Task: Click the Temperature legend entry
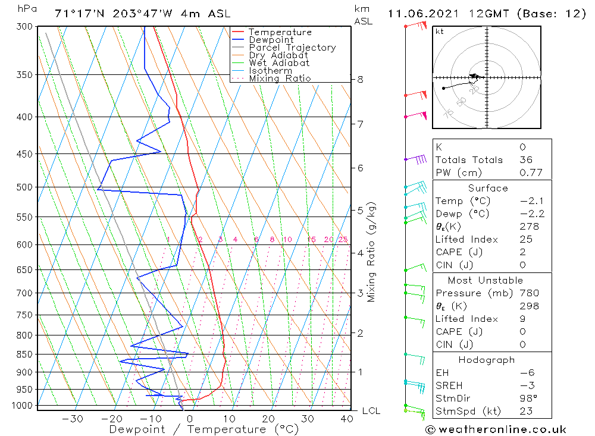tap(280, 32)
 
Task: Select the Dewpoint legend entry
tap(271, 40)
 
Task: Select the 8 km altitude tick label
tap(361, 79)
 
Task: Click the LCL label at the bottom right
tap(371, 411)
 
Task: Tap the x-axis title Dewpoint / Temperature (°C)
tap(203, 429)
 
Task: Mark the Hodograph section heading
tap(487, 360)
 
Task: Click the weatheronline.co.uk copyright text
tap(496, 429)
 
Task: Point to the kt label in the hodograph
tap(439, 32)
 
